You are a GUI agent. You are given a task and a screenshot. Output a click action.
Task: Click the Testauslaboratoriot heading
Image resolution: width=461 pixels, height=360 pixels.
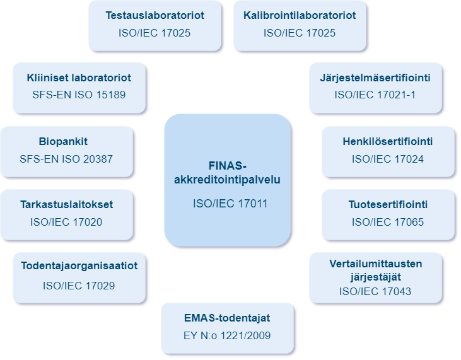point(155,15)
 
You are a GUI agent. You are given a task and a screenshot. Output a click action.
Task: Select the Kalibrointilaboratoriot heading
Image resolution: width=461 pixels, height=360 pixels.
point(300,15)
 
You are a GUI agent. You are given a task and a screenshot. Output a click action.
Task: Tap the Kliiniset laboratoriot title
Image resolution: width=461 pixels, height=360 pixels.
point(79,78)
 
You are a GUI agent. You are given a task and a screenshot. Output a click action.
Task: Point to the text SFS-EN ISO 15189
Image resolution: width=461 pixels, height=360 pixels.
point(79,96)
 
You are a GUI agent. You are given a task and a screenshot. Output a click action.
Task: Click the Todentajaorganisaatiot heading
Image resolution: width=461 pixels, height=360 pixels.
point(79,266)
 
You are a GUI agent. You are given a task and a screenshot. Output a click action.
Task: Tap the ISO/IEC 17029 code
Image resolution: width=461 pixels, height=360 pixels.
point(79,286)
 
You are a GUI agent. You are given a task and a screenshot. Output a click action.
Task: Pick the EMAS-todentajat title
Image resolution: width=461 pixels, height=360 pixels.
point(227,318)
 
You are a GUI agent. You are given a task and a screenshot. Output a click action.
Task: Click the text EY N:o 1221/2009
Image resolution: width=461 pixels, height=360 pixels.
point(227,335)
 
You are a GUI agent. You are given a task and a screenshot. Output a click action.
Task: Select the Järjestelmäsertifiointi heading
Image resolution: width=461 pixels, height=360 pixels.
point(375,78)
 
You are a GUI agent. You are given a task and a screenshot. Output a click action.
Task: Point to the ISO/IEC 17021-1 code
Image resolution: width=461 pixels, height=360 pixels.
point(375,96)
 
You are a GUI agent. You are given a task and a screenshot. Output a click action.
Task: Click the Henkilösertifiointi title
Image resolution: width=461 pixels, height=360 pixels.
point(388,141)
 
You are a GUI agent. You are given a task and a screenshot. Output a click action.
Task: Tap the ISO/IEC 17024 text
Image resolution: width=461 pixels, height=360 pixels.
point(388,159)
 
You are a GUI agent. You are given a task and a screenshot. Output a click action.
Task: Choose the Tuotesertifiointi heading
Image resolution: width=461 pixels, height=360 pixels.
point(388,204)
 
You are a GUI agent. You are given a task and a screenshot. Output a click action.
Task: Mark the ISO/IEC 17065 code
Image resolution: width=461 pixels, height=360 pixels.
point(388,222)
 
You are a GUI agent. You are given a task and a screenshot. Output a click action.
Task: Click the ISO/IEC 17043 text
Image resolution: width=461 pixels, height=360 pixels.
point(375,291)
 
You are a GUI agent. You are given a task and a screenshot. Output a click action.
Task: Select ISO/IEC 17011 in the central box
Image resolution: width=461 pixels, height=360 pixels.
point(228,204)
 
